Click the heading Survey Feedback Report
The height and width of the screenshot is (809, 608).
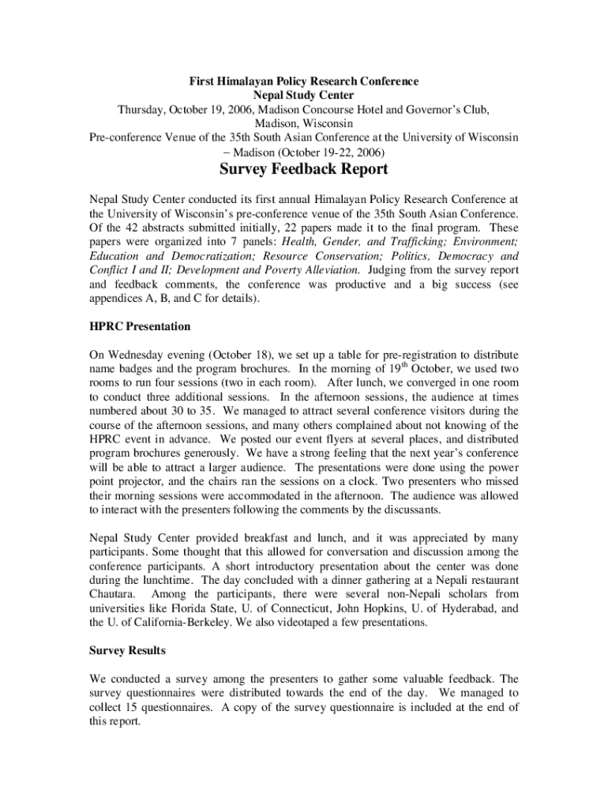tap(303, 170)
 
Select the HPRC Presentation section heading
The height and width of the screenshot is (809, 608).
tap(140, 325)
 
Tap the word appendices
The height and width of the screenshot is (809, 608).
tap(119, 299)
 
